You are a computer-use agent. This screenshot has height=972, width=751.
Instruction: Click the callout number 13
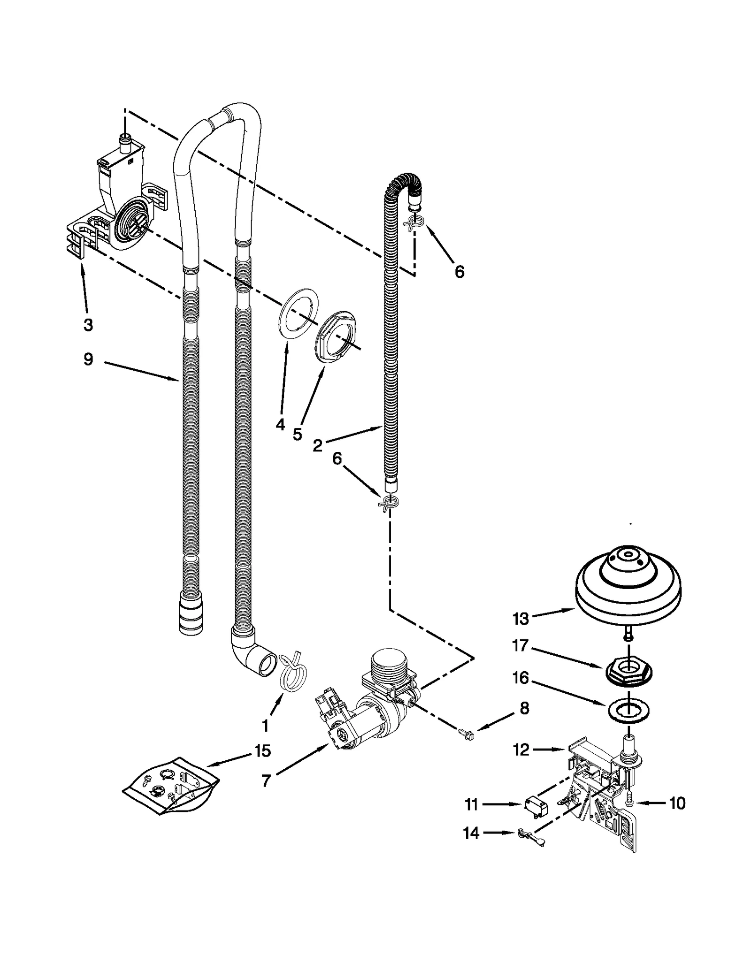[x=521, y=619]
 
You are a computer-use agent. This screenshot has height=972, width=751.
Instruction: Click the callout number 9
[x=88, y=360]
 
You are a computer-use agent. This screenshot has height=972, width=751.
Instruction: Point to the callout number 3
[x=88, y=324]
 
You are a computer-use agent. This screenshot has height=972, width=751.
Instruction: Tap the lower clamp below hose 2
[x=389, y=503]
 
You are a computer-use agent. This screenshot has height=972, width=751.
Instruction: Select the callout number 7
[x=266, y=781]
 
